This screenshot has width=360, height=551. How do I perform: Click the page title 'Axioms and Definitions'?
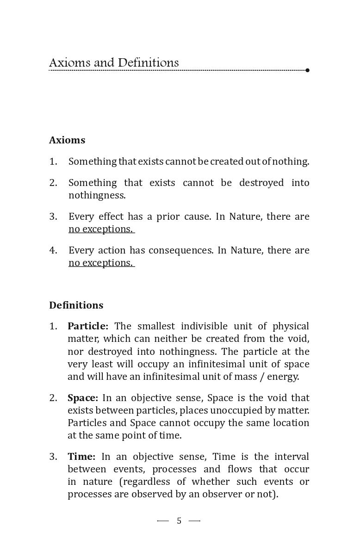pos(114,63)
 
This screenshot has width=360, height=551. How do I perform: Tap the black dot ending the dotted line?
pos(308,70)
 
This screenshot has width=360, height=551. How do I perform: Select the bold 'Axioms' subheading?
pos(67,140)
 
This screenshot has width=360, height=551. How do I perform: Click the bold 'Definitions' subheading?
pos(76,305)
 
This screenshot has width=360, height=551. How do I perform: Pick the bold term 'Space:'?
pos(83,398)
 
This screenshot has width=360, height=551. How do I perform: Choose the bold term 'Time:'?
pos(81,457)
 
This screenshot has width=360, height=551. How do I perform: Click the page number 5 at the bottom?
pos(179,521)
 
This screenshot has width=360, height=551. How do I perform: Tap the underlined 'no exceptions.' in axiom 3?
pos(101,229)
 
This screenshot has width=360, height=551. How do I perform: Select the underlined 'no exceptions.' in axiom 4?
pos(101,263)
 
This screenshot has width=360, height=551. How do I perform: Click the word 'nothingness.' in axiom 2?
pos(97,195)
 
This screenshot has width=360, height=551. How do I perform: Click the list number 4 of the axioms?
pos(53,250)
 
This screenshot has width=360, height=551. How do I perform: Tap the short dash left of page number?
pos(163,521)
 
